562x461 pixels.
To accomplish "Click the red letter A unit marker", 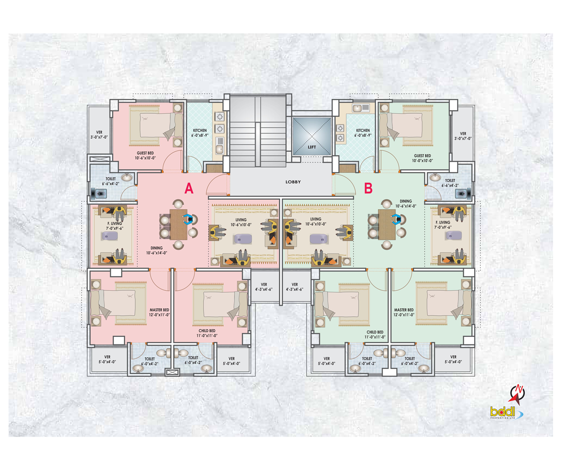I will (188, 189).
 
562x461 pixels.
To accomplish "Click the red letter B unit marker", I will (368, 189).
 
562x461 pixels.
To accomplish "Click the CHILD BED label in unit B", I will (375, 334).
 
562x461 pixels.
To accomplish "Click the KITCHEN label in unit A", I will (200, 133).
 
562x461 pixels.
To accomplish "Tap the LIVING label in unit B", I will (315, 221).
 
